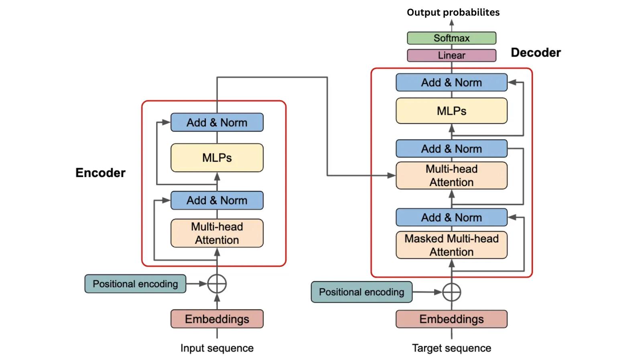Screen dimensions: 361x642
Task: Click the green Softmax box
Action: pos(451,38)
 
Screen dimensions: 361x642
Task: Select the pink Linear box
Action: pos(451,55)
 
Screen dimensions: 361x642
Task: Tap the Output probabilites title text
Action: pos(453,12)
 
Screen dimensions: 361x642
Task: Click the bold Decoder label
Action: pos(536,53)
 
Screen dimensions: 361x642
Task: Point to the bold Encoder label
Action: pos(100,173)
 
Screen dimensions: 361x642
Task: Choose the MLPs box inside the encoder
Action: pos(217,158)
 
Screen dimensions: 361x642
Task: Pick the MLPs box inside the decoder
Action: pos(451,111)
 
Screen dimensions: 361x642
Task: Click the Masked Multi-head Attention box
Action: pos(451,245)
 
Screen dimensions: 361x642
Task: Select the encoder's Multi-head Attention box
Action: pos(217,233)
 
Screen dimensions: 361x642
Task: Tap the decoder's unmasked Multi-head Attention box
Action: pos(451,175)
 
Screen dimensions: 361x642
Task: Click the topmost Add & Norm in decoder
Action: pos(451,83)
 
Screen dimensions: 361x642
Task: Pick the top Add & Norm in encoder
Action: pos(217,122)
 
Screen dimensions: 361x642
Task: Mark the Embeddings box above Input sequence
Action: pos(217,319)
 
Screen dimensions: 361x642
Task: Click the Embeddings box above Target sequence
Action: pos(451,319)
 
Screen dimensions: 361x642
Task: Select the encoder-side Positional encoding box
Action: pos(135,284)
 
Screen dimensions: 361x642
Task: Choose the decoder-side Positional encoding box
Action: pos(362,292)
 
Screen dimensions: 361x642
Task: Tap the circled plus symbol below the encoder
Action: pos(217,284)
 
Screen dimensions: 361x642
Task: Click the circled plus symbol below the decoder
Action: pos(451,292)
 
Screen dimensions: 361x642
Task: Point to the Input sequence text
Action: pos(217,348)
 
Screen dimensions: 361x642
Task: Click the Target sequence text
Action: pos(451,348)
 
